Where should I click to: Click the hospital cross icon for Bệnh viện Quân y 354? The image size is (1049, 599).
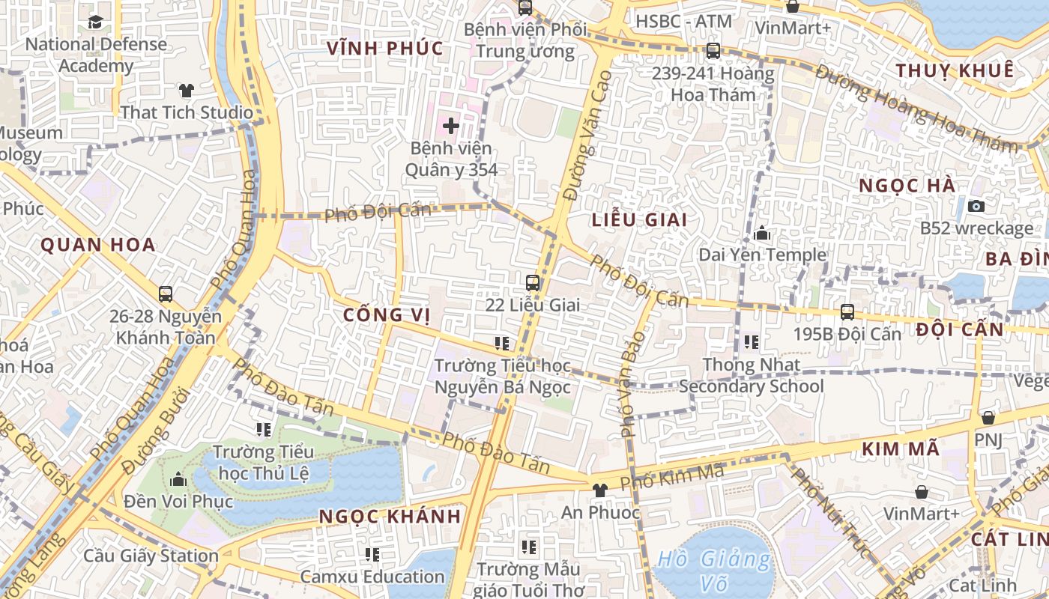(x=451, y=126)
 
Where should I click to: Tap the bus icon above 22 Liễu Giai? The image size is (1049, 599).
(x=533, y=283)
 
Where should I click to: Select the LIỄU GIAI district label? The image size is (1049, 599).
(x=639, y=220)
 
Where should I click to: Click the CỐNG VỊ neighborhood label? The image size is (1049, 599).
(x=387, y=315)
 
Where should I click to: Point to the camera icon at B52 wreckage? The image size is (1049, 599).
(x=976, y=206)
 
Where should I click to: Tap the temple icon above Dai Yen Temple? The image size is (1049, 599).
(x=762, y=234)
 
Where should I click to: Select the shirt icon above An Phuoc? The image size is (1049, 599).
(x=599, y=490)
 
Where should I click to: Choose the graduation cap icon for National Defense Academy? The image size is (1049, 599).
(x=95, y=22)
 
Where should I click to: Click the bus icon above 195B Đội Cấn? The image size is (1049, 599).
(x=847, y=311)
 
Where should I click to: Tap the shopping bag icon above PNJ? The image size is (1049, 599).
(x=988, y=418)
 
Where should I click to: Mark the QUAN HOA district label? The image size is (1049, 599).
(x=97, y=245)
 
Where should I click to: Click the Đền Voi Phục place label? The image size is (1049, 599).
(x=178, y=501)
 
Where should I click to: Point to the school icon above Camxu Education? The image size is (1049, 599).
(x=372, y=555)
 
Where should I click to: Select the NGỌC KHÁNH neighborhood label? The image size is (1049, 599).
(x=390, y=517)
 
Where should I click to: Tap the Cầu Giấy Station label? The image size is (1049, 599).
(x=151, y=556)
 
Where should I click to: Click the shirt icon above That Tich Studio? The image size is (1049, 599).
(x=187, y=91)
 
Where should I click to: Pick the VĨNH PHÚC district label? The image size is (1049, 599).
(x=385, y=49)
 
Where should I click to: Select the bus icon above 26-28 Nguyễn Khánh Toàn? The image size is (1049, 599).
(x=166, y=294)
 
